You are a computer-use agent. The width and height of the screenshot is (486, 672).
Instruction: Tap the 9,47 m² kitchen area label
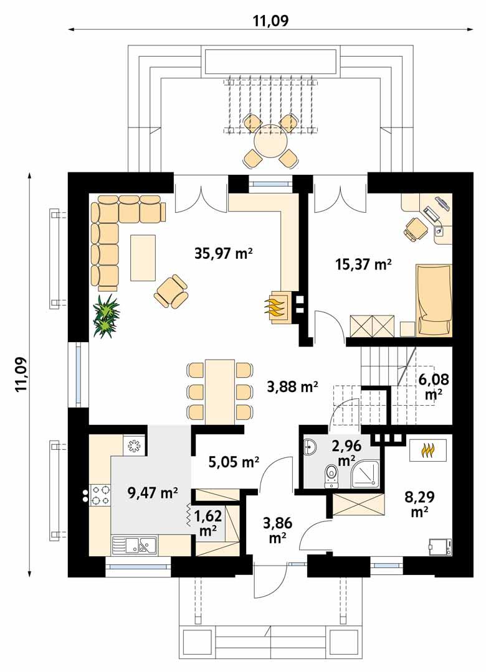[153, 493]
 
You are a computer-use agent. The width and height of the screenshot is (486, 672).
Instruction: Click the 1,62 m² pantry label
[209, 523]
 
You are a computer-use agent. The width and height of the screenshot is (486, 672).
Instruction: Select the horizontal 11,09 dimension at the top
[270, 21]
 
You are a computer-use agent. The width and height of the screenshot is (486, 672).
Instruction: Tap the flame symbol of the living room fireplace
[277, 308]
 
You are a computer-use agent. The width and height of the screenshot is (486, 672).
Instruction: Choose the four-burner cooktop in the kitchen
[101, 496]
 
